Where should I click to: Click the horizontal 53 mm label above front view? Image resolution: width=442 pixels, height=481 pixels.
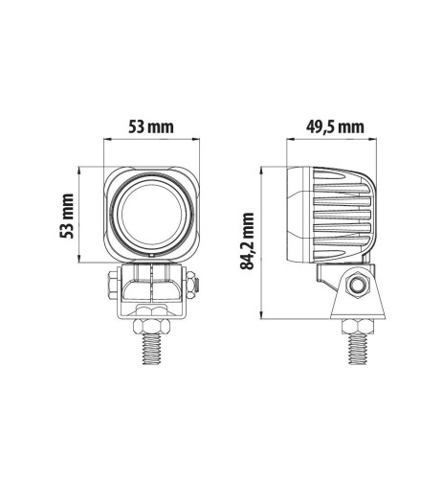(x=153, y=126)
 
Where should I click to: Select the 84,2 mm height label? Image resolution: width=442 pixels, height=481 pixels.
(x=247, y=242)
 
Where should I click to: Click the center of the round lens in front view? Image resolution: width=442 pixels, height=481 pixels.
(x=153, y=213)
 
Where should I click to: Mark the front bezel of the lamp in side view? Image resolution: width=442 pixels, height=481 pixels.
(x=296, y=213)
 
